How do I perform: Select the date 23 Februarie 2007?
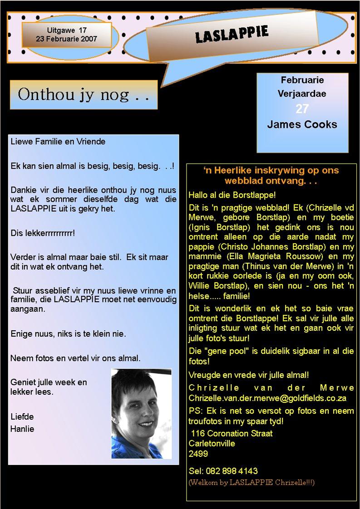point(66,39)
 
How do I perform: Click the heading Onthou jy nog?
point(84,95)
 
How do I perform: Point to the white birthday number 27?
point(302,109)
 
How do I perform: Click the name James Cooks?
point(302,124)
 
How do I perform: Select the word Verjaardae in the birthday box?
point(302,94)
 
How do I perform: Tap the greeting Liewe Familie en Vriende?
point(58,142)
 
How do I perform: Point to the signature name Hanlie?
point(22,429)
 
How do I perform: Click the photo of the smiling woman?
point(141,413)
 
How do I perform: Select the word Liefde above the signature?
point(22,416)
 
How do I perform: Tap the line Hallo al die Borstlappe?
point(232,196)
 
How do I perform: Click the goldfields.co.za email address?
point(267,398)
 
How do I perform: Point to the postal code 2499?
point(198,453)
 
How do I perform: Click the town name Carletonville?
point(212,443)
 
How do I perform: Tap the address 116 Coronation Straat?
point(232,433)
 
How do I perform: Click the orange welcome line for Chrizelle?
point(251,482)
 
